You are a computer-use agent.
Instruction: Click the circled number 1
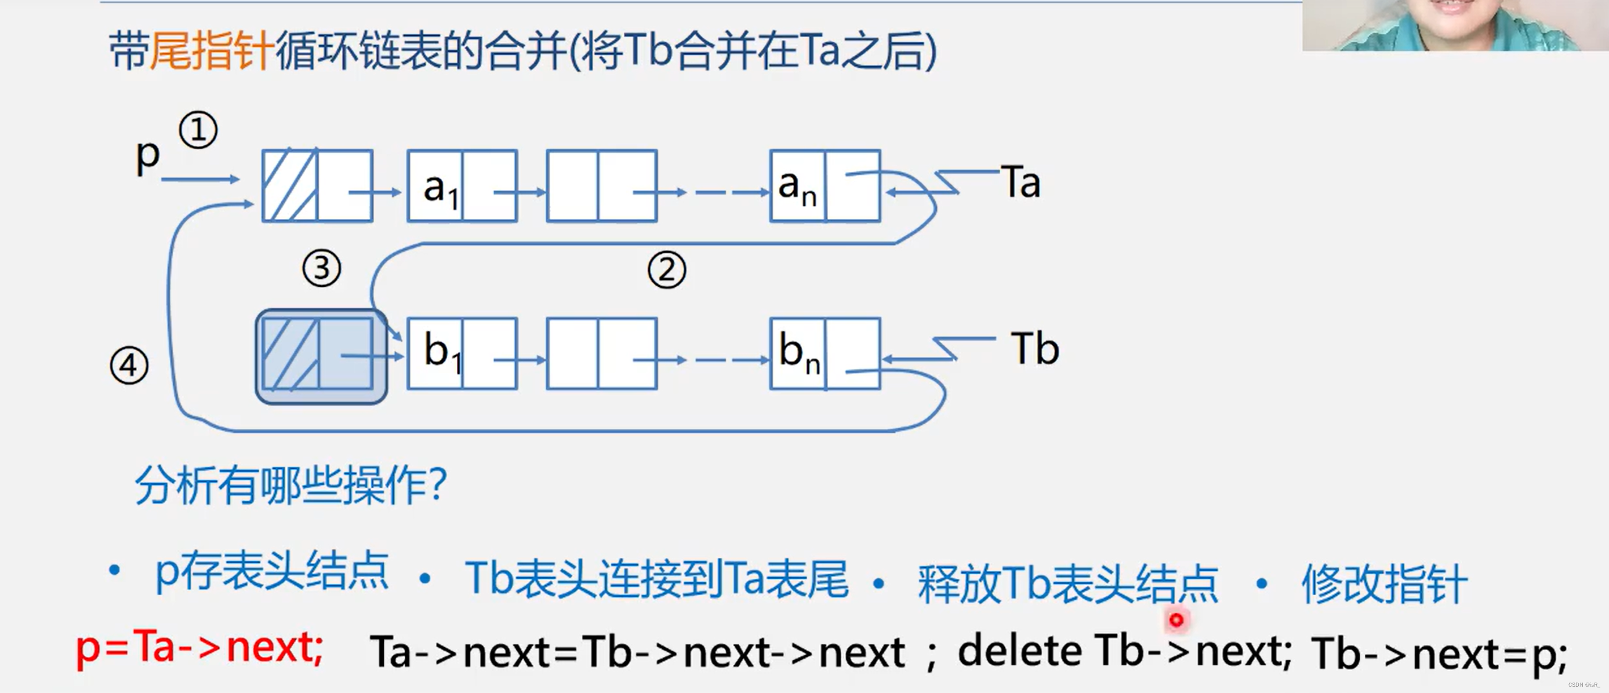pyautogui.click(x=198, y=130)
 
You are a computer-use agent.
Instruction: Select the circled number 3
pyautogui.click(x=321, y=268)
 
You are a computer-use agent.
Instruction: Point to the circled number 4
pyautogui.click(x=129, y=365)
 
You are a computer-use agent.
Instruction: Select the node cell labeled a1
pyautogui.click(x=435, y=186)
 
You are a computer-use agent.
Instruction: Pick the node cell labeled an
pyautogui.click(x=798, y=186)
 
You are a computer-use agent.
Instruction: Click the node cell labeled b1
pyautogui.click(x=435, y=353)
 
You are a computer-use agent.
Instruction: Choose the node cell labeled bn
pyautogui.click(x=798, y=353)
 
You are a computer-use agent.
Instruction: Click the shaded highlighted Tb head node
pyautogui.click(x=321, y=356)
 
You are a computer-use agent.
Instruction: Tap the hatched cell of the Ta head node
pyautogui.click(x=290, y=186)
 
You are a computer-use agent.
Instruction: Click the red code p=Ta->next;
pyautogui.click(x=199, y=648)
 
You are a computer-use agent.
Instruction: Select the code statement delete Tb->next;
pyautogui.click(x=1124, y=652)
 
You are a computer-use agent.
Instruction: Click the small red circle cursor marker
pyautogui.click(x=1176, y=620)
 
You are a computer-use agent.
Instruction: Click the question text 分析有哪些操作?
pyautogui.click(x=291, y=485)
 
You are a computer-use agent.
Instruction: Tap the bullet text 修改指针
pyautogui.click(x=1383, y=583)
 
